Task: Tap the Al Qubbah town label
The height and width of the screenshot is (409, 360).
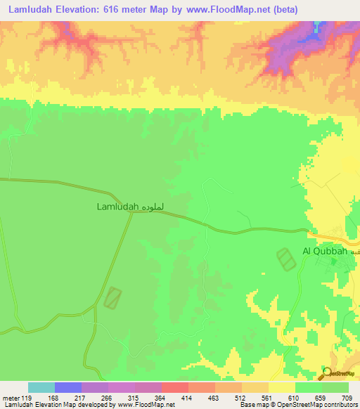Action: [x=325, y=251]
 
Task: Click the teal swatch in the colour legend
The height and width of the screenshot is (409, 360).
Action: [x=41, y=387]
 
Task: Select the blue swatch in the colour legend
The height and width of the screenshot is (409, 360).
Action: [x=68, y=387]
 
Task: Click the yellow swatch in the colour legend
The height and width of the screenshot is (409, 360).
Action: [x=281, y=387]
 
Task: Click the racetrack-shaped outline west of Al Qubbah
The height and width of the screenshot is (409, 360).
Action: [x=285, y=259]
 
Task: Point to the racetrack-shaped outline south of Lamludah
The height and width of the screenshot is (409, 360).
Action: [x=112, y=297]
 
